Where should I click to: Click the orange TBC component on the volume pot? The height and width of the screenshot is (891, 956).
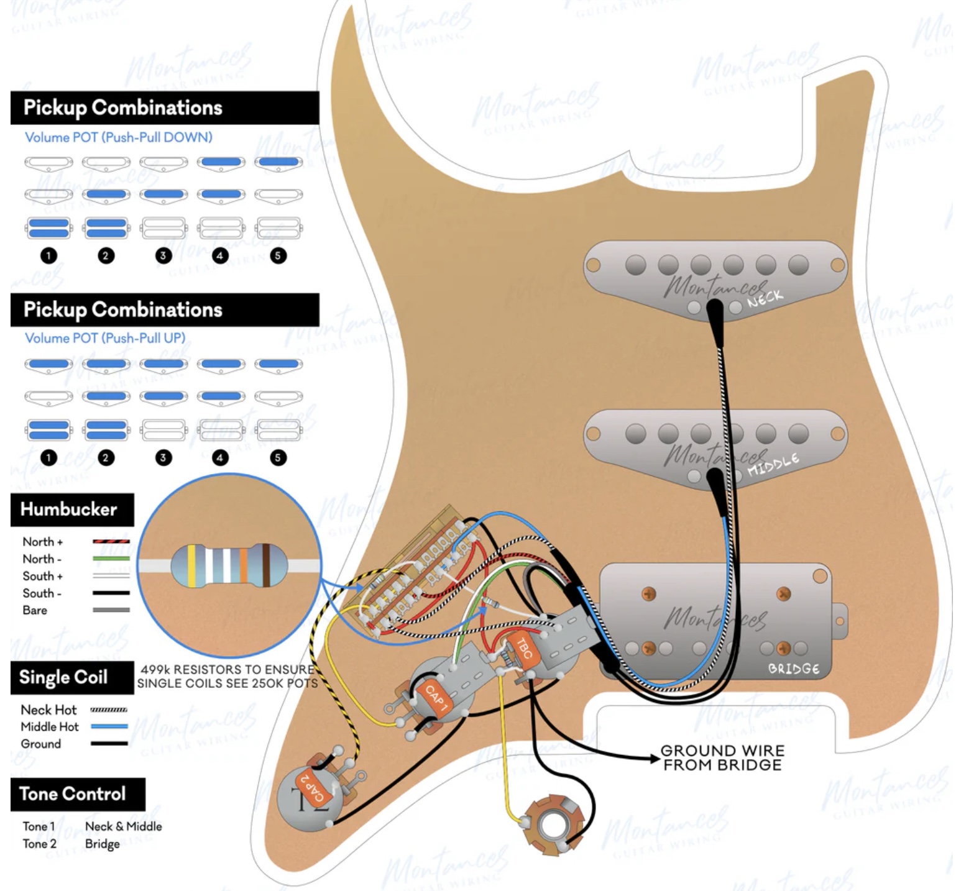[525, 650]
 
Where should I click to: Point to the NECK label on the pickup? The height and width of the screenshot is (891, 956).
[765, 299]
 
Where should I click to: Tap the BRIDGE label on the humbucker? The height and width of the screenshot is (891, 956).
[793, 669]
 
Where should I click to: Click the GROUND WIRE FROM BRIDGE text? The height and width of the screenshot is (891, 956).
[722, 758]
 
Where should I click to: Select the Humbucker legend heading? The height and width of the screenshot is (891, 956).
[69, 509]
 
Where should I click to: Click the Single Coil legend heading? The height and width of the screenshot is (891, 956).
[63, 677]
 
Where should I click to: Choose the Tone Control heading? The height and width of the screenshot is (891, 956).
[73, 794]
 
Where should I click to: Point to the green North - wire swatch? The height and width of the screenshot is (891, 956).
[111, 559]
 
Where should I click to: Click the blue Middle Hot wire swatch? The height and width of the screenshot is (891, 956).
[109, 726]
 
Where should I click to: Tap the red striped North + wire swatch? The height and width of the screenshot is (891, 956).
[111, 542]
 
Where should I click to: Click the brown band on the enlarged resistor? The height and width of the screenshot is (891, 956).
[266, 565]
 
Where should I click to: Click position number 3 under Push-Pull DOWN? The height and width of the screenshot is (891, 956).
[163, 255]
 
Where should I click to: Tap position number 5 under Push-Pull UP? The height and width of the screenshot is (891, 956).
[278, 458]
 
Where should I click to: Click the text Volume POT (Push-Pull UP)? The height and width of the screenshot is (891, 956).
[105, 338]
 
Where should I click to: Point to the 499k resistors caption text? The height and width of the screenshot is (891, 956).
[228, 677]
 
